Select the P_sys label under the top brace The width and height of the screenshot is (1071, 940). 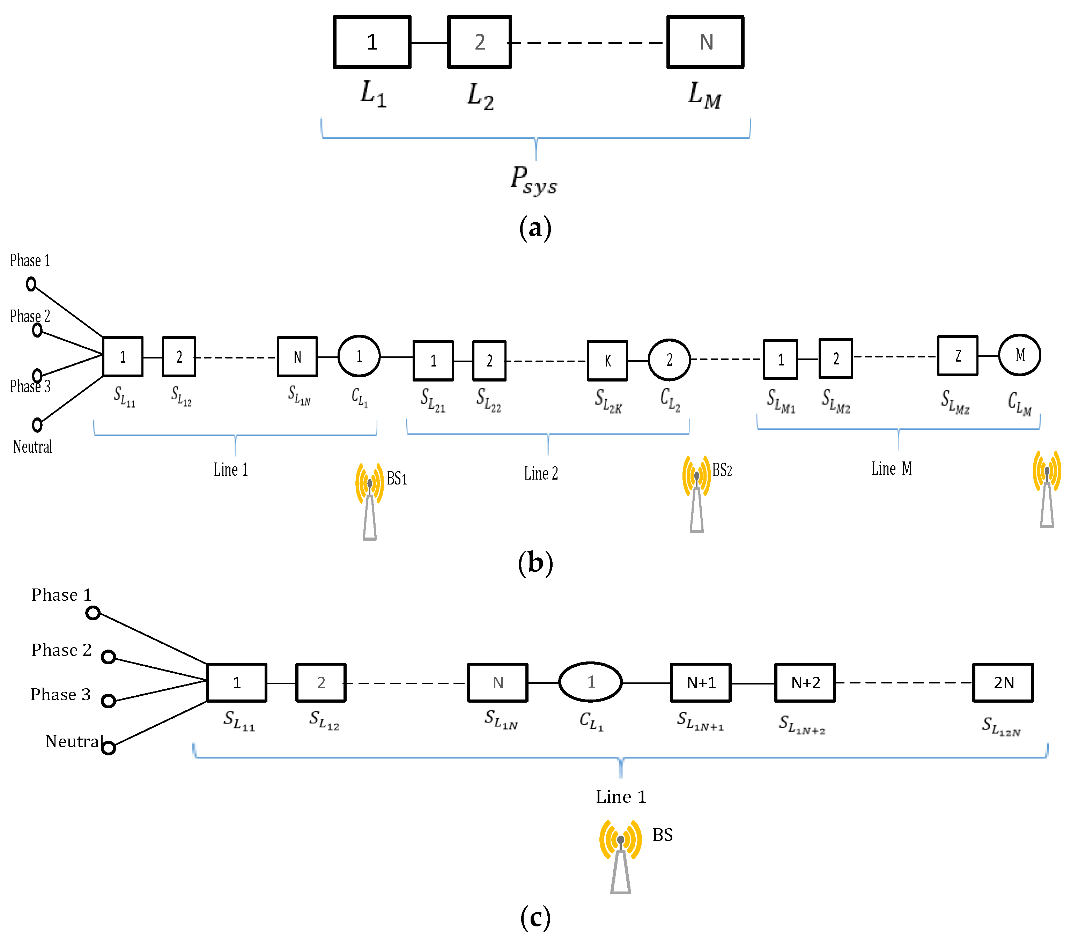[x=534, y=180]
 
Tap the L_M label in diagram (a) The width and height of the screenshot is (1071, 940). [x=705, y=95]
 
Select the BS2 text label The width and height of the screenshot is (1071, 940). [x=722, y=470]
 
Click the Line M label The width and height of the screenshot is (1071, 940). [x=891, y=468]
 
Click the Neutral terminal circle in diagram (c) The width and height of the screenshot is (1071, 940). [x=109, y=748]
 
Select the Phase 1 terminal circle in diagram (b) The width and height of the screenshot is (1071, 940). [x=31, y=284]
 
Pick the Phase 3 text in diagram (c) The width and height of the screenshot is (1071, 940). [x=60, y=694]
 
